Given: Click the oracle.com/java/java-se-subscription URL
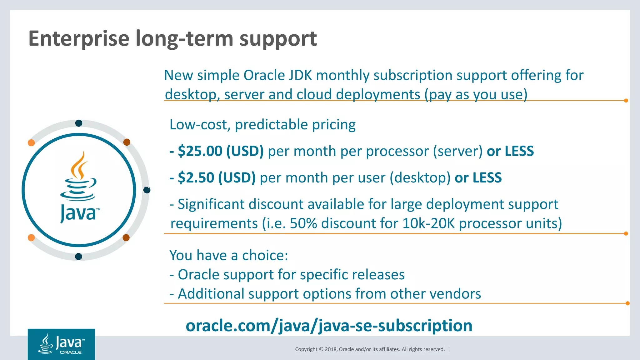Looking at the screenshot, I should pos(329,326).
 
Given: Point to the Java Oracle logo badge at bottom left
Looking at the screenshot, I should pos(61,344).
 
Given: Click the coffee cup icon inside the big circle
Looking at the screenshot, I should pos(78,177).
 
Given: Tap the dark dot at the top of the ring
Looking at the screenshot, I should pos(79,123).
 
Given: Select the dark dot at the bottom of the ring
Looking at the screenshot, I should pos(78,257).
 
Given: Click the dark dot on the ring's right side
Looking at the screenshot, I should pos(147,190).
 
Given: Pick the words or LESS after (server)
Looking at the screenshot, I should pos(510,151).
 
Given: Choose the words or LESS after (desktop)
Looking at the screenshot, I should pos(478,178).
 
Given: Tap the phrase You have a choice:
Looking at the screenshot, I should pos(228,255).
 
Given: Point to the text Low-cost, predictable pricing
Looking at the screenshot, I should pos(262,125).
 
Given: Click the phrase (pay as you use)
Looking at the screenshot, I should pos(476,94).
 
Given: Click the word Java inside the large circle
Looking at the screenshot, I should pos(78,213).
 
